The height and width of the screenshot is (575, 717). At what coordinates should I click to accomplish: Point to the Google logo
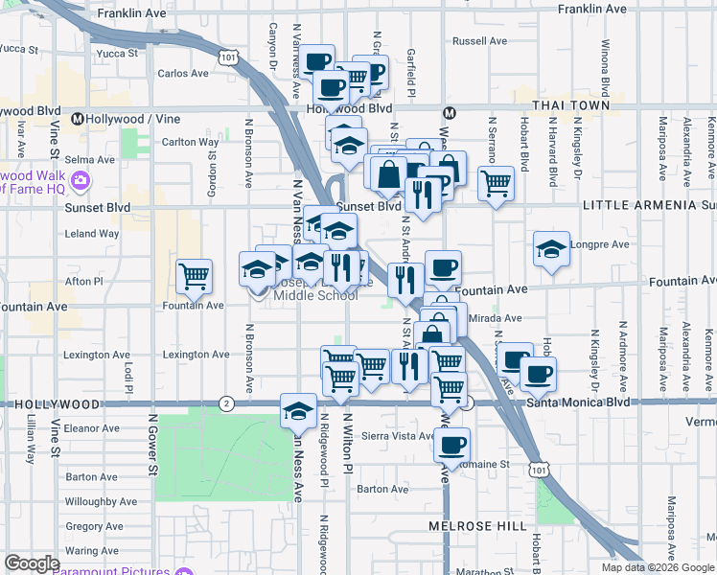pyautogui.click(x=32, y=563)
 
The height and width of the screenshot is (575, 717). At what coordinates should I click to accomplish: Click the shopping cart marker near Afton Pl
pyautogui.click(x=195, y=276)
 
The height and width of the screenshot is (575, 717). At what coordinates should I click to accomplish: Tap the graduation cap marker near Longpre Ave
pyautogui.click(x=551, y=248)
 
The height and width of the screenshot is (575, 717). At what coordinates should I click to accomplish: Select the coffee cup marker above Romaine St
pyautogui.click(x=451, y=443)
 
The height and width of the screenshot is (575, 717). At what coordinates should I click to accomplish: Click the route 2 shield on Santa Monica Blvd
pyautogui.click(x=226, y=402)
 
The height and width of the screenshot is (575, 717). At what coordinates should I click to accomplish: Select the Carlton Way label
pyautogui.click(x=191, y=143)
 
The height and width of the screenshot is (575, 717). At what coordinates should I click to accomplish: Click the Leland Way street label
pyautogui.click(x=91, y=233)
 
